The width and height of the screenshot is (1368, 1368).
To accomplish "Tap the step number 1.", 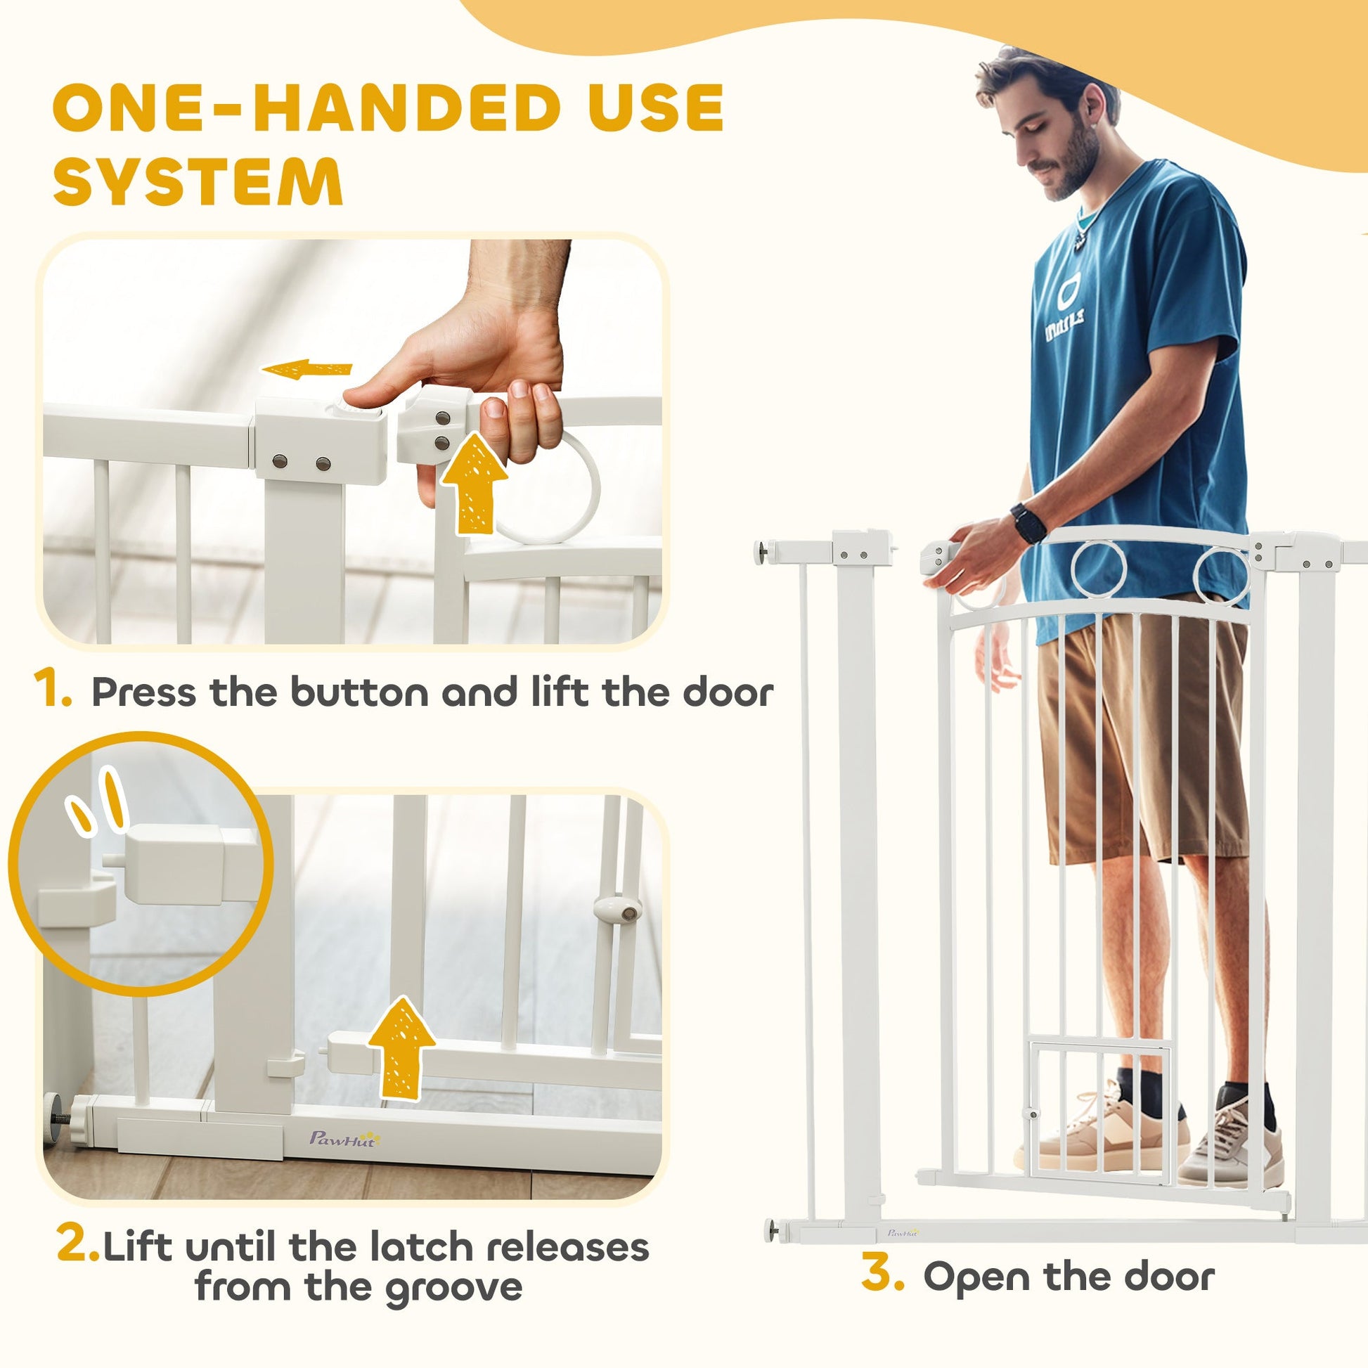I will click(x=53, y=690).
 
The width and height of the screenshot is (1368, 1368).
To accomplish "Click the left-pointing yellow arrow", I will click(x=307, y=370).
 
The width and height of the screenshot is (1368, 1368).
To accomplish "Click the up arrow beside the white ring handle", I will click(x=473, y=484).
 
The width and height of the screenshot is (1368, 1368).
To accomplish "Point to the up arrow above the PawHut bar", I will click(x=401, y=1049).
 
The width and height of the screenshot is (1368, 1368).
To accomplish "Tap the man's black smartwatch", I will click(x=1028, y=524).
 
